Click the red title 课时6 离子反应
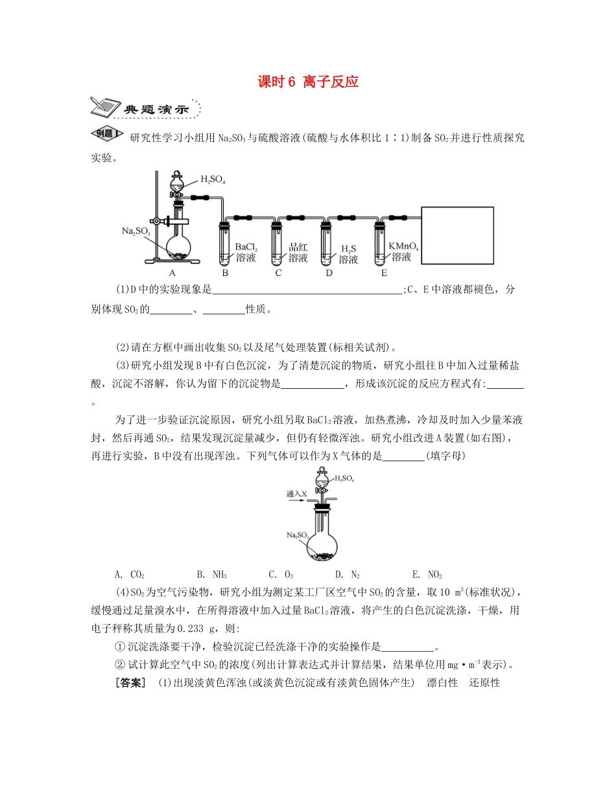[308, 82]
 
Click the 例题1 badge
[107, 134]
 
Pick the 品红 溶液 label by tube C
[298, 252]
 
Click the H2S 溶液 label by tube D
[349, 254]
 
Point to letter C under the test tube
[278, 273]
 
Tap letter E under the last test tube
[384, 273]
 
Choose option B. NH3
[210, 574]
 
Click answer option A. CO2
[130, 574]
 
